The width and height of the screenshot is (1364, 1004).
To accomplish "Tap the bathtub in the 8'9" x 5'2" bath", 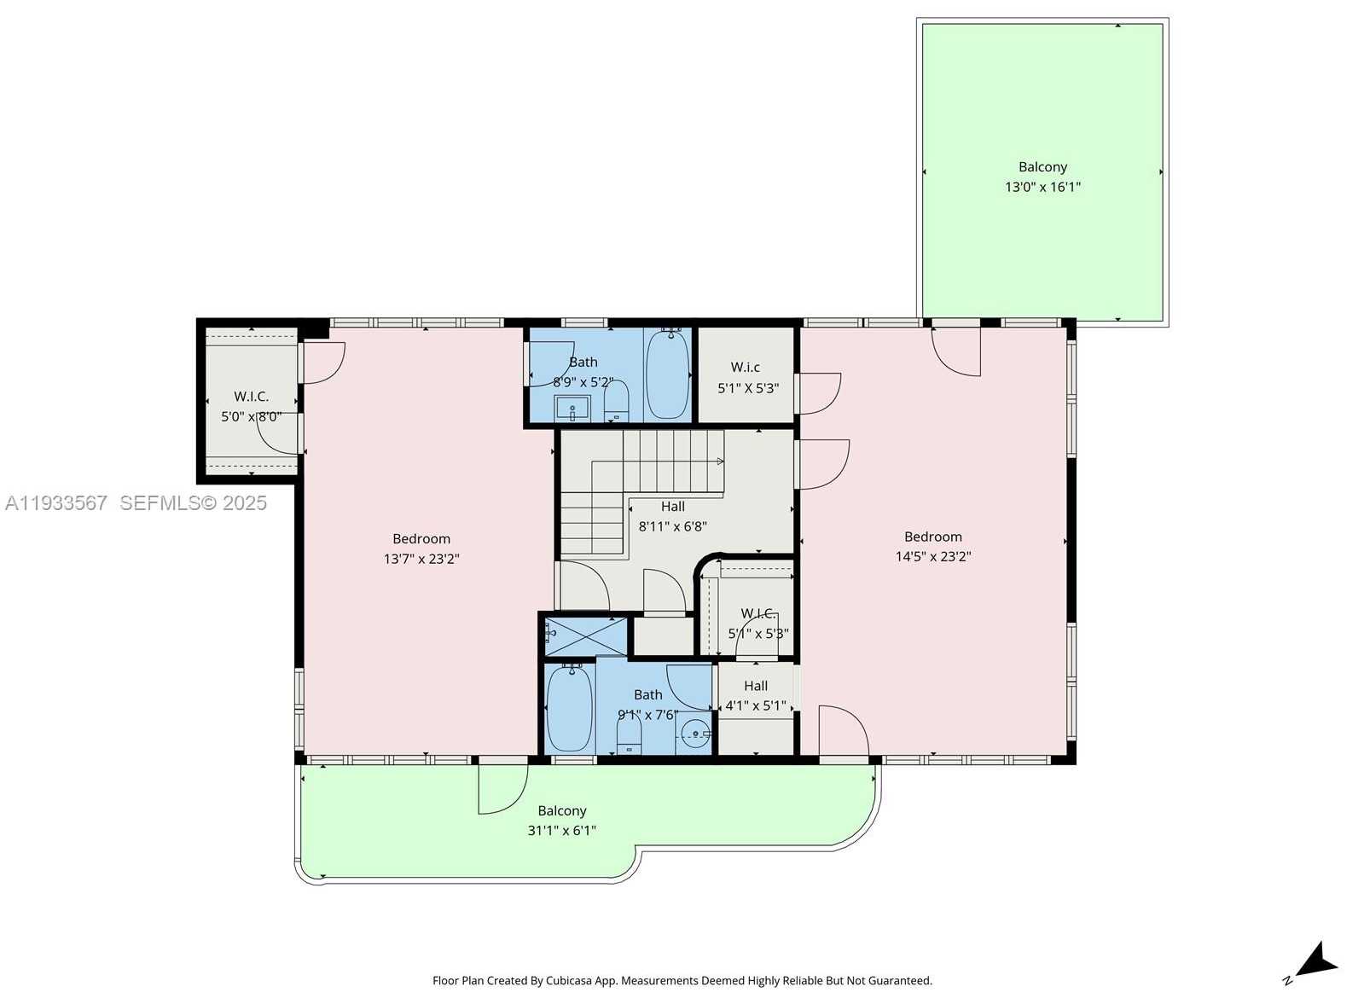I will pyautogui.click(x=667, y=375).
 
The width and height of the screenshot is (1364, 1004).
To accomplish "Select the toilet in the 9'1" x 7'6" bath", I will pyautogui.click(x=629, y=734).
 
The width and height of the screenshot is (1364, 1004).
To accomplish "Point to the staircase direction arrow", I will pyautogui.click(x=719, y=461).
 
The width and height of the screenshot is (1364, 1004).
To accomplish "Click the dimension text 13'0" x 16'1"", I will pyautogui.click(x=1042, y=187).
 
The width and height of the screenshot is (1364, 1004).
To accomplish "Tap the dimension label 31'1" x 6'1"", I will pyautogui.click(x=561, y=830).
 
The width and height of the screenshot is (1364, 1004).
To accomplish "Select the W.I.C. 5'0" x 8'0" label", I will pyautogui.click(x=251, y=407).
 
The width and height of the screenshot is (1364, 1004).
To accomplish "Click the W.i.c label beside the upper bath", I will pyautogui.click(x=745, y=368).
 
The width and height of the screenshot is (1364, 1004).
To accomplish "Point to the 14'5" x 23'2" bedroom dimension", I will pyautogui.click(x=932, y=557).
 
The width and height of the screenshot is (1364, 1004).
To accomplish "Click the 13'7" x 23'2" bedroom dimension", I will pyautogui.click(x=421, y=560).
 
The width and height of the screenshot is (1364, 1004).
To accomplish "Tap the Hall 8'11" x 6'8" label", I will pyautogui.click(x=672, y=517).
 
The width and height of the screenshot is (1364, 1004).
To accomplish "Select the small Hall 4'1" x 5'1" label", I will pyautogui.click(x=755, y=696).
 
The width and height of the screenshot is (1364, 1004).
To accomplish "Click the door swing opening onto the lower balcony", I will pyautogui.click(x=501, y=787).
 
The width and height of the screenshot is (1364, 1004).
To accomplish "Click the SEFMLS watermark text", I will pyautogui.click(x=193, y=503).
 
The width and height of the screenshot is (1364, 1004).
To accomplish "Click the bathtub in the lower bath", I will pyautogui.click(x=569, y=708).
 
